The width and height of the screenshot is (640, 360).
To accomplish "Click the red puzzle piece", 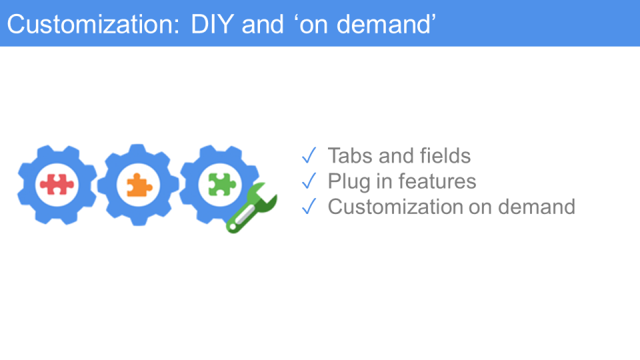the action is [57, 184].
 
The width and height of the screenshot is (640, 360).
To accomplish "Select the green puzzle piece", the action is [222, 184].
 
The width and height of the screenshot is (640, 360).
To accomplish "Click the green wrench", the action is [251, 208].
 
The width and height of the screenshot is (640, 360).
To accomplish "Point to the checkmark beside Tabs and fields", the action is [309, 155].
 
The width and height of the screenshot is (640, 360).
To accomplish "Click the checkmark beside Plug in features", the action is [309, 181].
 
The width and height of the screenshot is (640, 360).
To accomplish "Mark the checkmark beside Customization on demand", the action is [309, 206].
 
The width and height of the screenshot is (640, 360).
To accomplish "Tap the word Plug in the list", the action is [349, 181].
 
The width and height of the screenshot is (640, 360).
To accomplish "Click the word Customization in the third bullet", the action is [395, 207].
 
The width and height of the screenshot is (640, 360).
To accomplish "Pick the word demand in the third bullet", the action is [537, 207].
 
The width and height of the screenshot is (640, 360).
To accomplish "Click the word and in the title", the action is [263, 24].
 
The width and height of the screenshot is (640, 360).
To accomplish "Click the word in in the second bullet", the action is [384, 181].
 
